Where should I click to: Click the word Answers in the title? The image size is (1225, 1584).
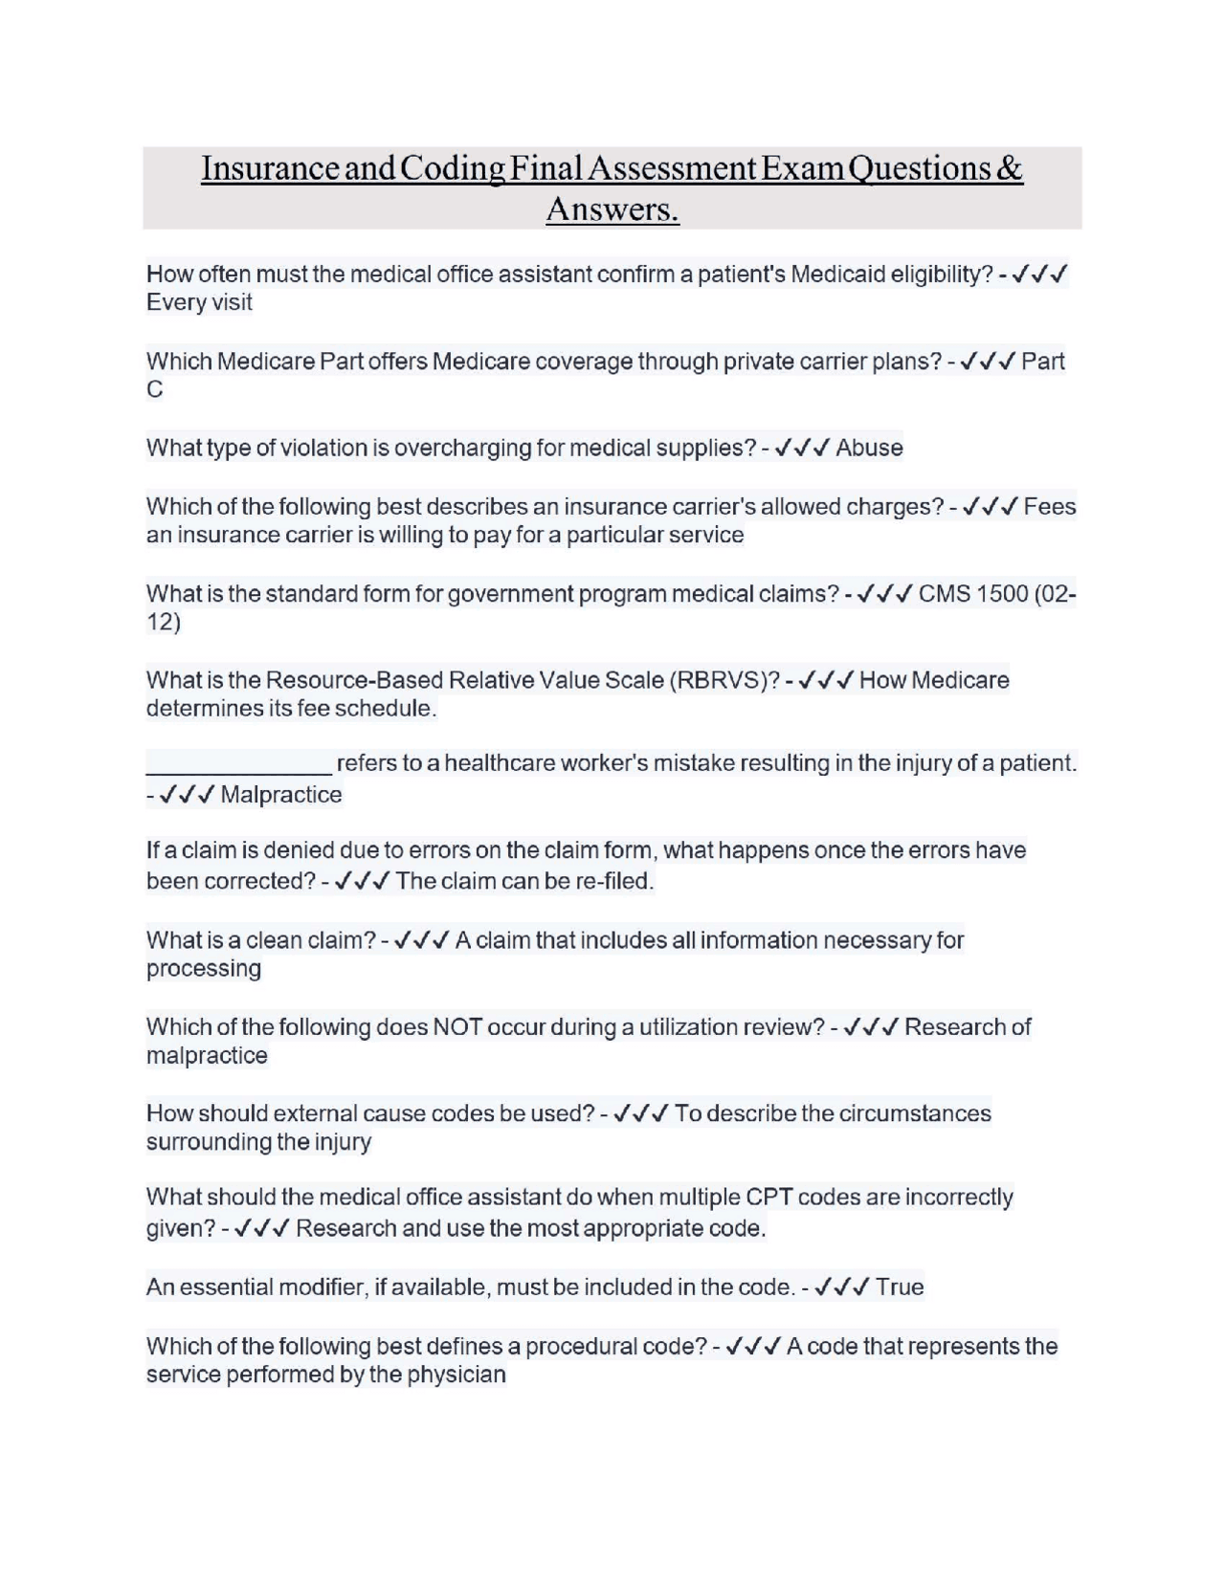click(x=612, y=209)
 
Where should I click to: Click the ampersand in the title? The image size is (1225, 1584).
click(x=1009, y=168)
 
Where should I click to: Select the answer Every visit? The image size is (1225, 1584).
click(x=199, y=302)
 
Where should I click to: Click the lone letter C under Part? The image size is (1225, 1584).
click(x=154, y=389)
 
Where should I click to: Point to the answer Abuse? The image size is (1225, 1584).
click(x=869, y=448)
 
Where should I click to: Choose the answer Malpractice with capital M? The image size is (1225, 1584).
click(x=280, y=795)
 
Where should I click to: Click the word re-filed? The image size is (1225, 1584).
click(x=612, y=881)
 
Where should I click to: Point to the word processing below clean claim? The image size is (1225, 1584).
click(x=203, y=968)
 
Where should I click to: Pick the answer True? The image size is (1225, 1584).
click(x=900, y=1287)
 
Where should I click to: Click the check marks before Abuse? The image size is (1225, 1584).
click(x=800, y=448)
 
